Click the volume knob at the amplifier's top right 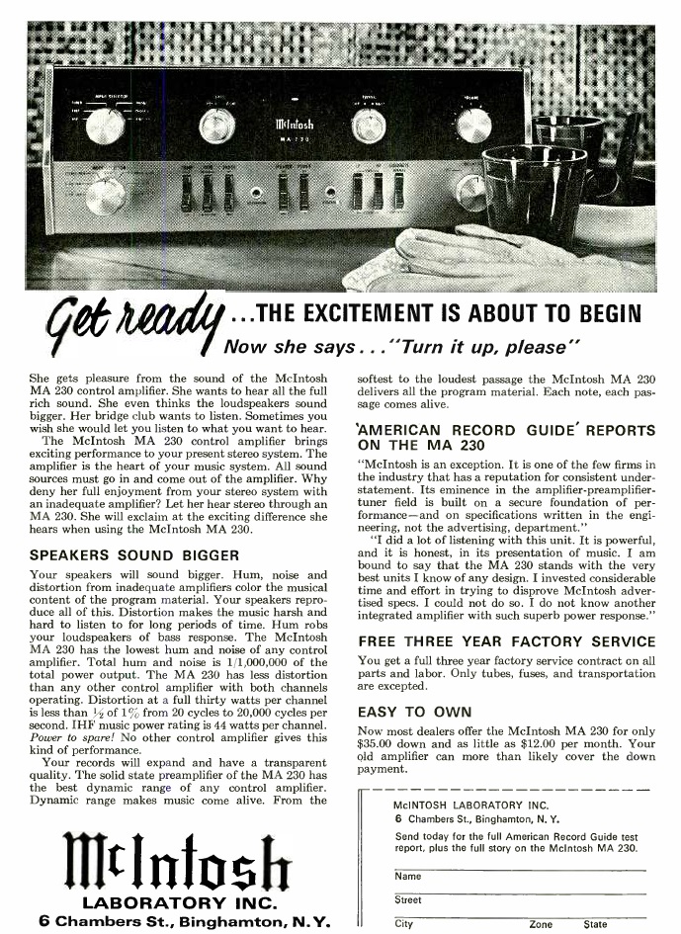coord(474,126)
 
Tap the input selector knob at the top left coord(105,126)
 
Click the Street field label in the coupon coord(407,899)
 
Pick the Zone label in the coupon coord(541,924)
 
